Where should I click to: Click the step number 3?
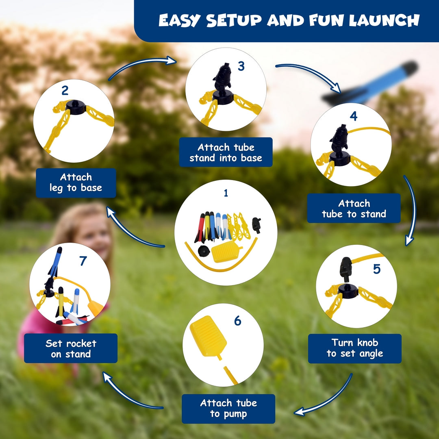point(241,66)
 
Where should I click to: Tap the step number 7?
point(83,261)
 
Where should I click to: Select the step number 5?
point(376,269)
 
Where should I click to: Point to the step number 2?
point(65,90)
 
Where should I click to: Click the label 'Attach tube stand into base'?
point(226,152)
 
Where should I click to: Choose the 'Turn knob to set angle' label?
point(355,348)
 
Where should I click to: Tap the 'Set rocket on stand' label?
point(71,348)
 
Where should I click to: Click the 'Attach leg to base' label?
point(76,183)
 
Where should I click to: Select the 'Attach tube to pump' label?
point(228,409)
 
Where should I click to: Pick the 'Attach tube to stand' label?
point(354,208)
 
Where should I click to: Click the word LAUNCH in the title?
point(384,20)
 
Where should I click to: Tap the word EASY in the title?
point(180,20)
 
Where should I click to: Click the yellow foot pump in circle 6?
point(208,336)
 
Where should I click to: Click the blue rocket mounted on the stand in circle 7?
point(55,262)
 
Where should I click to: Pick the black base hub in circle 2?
point(75,107)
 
